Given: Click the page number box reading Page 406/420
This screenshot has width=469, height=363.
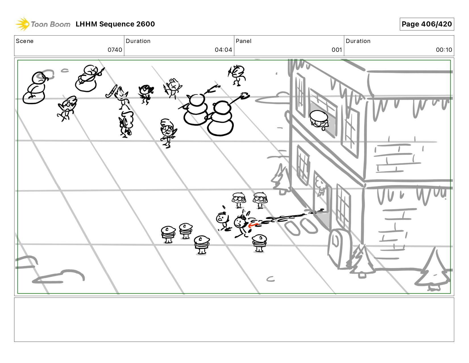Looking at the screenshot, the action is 427,24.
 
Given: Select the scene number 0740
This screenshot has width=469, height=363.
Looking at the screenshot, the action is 115,50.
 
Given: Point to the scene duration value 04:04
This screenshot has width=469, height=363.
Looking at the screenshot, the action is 223,50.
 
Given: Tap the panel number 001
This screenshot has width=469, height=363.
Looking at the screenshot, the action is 337,50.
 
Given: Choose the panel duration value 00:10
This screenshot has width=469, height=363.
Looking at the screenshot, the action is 444,50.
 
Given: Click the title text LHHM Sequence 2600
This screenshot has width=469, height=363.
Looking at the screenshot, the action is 115,24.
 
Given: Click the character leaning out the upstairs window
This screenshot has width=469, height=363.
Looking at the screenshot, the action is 319,120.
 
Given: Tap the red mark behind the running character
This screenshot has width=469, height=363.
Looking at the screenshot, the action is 252,225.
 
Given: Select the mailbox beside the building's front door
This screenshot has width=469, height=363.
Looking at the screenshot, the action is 339,249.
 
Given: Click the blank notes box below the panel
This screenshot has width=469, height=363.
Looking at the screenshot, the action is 234,320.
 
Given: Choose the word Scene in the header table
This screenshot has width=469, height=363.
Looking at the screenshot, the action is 25,41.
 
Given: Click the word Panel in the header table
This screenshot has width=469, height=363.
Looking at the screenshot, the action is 244,41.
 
